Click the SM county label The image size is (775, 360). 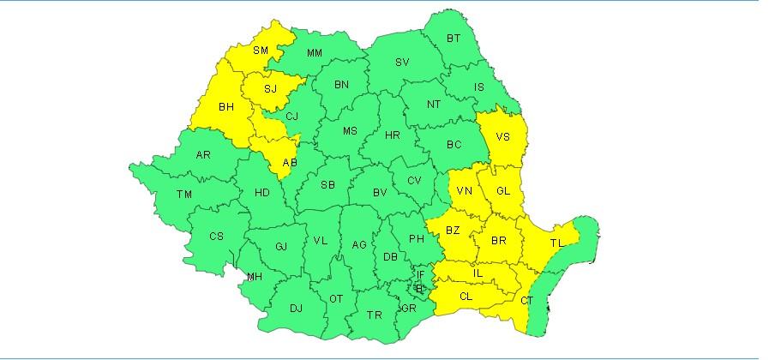point(261,51)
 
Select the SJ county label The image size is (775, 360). point(270,89)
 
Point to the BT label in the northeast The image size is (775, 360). point(454,38)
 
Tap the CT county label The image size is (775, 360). point(527,301)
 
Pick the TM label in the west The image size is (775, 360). point(184,195)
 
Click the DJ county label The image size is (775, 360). point(296,309)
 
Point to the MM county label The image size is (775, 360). point(315,54)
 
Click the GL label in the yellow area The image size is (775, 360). point(503,191)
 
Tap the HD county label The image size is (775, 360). point(262,193)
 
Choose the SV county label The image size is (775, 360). point(402,63)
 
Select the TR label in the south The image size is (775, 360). point(375,315)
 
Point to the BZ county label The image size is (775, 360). point(454,231)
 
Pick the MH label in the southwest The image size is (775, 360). point(255,276)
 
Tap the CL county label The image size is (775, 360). point(466,297)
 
